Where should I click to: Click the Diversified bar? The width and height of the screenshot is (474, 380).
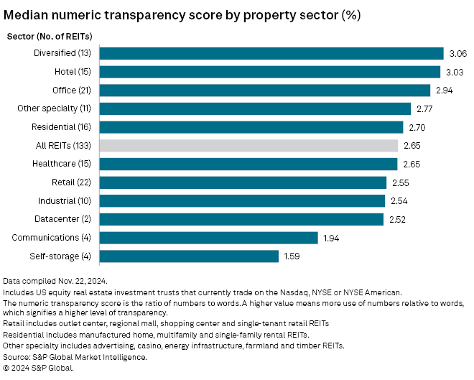[271, 53]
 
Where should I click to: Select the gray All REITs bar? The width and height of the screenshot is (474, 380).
[248, 145]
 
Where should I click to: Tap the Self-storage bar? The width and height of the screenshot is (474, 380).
[189, 256]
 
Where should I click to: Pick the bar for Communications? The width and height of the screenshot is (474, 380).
[208, 238]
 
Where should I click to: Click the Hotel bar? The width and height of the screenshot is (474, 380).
[269, 72]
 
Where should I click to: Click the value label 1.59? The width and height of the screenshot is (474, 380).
[292, 256]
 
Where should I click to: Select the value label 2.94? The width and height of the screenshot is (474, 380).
[443, 90]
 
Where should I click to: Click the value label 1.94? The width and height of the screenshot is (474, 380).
[331, 238]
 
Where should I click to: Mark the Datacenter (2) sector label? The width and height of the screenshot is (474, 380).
[65, 219]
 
